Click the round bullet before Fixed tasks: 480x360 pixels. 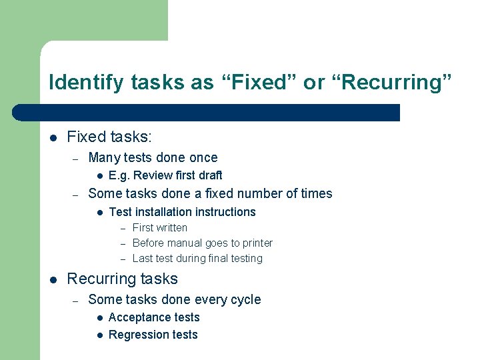tap(53, 137)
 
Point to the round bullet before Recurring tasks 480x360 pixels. tap(53, 279)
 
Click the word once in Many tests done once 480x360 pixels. tap(203, 158)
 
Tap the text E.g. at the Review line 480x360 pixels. tap(119, 175)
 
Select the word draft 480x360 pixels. tap(209, 175)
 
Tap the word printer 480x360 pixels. tap(255, 243)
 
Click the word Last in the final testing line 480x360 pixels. tap(143, 259)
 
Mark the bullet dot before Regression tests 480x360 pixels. tap(98, 335)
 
